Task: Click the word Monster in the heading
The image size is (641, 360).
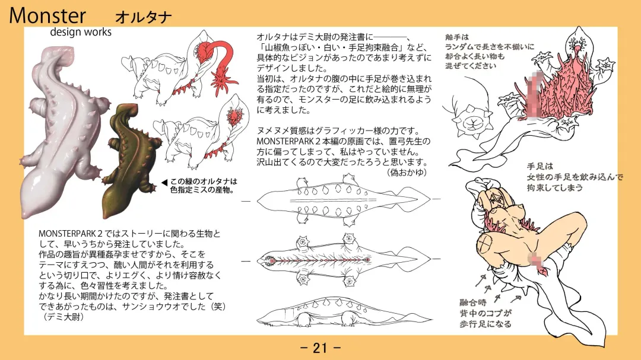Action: click(x=47, y=15)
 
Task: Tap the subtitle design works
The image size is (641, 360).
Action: click(x=81, y=32)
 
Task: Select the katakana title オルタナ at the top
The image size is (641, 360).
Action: click(x=143, y=17)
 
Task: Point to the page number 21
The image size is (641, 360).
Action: click(x=320, y=348)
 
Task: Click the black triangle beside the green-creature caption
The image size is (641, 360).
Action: click(x=164, y=182)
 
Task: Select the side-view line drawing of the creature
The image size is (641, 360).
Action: click(x=344, y=313)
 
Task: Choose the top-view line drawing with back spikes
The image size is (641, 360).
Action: click(x=344, y=200)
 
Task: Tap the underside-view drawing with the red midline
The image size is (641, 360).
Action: click(x=344, y=260)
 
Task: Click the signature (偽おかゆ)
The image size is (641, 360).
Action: click(x=407, y=173)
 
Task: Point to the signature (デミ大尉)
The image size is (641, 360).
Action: click(x=61, y=317)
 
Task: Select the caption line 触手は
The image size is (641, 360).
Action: click(x=457, y=37)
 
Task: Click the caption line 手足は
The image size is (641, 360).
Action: click(x=540, y=166)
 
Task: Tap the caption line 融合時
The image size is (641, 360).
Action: click(x=473, y=303)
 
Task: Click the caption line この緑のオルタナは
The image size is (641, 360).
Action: click(x=204, y=181)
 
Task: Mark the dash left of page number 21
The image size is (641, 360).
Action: click(x=304, y=349)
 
